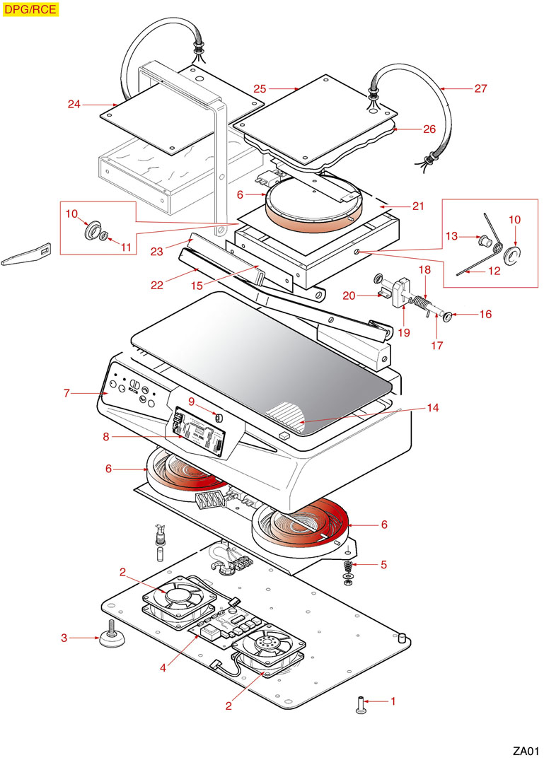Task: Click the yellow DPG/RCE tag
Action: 30,9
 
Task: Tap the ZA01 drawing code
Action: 527,750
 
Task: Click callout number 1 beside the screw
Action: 393,702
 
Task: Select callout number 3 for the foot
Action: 64,638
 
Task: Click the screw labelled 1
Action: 361,704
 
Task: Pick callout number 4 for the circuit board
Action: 163,666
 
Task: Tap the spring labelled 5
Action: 348,568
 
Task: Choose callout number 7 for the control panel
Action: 66,393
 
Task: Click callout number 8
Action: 106,437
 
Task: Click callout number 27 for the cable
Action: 481,89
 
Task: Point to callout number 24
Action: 74,105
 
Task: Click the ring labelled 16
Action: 449,315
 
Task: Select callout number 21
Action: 418,206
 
